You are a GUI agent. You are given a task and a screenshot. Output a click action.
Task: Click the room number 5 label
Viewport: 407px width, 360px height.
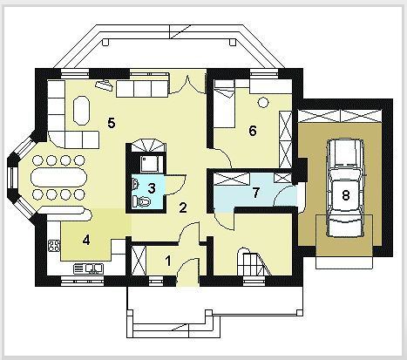click(112, 123)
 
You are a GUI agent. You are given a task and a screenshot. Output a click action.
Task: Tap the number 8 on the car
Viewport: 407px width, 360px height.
click(346, 195)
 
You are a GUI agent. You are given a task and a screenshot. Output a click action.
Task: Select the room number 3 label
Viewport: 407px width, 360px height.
click(152, 188)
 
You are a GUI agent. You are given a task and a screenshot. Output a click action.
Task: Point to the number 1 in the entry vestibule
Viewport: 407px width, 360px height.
click(168, 261)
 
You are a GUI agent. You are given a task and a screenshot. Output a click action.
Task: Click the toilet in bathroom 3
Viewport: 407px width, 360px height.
click(142, 201)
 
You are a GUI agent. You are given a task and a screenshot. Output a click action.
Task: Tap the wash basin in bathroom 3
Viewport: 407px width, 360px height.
click(135, 183)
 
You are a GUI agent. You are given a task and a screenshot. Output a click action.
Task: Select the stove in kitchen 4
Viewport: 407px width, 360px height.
click(54, 246)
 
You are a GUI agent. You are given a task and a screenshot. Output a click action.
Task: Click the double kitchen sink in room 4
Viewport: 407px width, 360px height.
click(88, 268)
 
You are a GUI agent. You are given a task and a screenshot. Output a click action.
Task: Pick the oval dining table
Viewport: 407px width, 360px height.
click(58, 177)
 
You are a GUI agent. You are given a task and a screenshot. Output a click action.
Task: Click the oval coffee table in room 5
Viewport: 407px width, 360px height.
click(81, 111)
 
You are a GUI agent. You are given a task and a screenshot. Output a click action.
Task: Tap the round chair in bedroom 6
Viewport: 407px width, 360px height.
click(263, 102)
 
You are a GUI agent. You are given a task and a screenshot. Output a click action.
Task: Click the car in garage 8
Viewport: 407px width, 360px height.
click(346, 187)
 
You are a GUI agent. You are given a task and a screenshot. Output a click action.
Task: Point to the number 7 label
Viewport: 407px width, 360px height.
click(255, 193)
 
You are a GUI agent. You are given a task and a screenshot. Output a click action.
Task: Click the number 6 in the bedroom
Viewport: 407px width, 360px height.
click(253, 131)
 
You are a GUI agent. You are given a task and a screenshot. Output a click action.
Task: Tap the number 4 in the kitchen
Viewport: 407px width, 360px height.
click(86, 240)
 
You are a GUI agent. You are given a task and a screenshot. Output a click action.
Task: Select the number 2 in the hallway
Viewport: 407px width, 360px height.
click(183, 207)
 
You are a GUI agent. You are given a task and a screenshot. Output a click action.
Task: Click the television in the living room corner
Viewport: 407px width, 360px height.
click(104, 85)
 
